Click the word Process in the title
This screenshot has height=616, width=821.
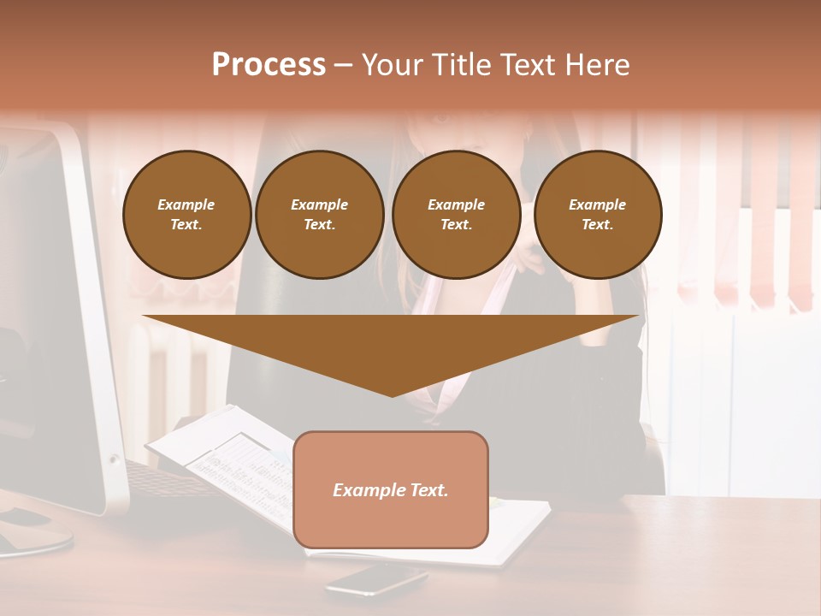click(269, 65)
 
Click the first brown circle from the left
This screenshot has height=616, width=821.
click(187, 215)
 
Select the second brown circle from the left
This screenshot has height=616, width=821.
click(320, 215)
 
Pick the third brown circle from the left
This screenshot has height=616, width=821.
click(457, 215)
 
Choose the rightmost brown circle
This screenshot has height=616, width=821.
click(598, 215)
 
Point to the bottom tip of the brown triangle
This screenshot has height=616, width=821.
click(392, 395)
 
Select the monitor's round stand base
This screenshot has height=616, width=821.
click(34, 535)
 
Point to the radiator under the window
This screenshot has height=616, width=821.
click(171, 368)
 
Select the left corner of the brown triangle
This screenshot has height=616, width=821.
click(145, 317)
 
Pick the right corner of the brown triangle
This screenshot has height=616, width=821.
click(636, 317)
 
